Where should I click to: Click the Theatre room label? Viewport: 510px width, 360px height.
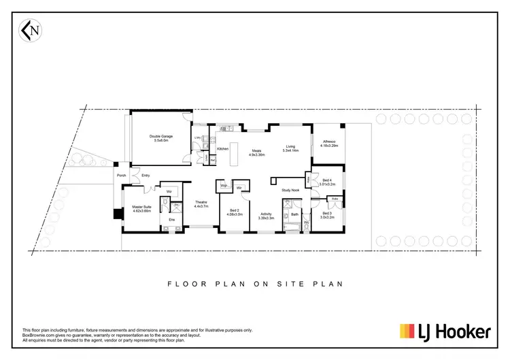201,204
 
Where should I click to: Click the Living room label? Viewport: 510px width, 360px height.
290,148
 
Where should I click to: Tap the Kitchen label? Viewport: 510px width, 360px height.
222,149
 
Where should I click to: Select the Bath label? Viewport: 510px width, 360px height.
294,214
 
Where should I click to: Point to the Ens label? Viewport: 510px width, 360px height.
172,219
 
